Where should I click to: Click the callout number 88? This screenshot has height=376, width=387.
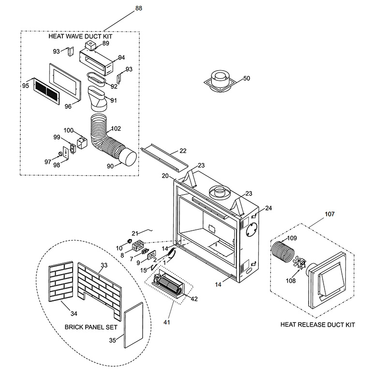click(x=139, y=8)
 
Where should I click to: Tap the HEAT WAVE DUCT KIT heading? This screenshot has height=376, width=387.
click(x=80, y=36)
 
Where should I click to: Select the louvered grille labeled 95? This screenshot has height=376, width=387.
click(x=46, y=91)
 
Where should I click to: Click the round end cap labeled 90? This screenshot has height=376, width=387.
click(x=128, y=156)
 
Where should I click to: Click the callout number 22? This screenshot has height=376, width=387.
click(x=183, y=150)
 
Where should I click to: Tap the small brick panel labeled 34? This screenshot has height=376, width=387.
click(x=61, y=282)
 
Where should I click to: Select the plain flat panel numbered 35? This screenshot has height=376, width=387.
click(x=134, y=325)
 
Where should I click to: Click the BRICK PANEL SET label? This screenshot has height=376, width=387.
click(x=91, y=327)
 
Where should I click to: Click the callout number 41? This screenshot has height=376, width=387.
click(x=166, y=322)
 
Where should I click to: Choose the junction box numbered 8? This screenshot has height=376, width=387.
click(x=138, y=245)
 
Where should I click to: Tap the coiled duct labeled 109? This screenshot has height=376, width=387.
click(x=283, y=252)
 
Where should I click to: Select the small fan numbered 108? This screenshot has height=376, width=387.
click(x=299, y=263)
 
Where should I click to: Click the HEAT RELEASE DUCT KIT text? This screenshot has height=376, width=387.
click(x=318, y=325)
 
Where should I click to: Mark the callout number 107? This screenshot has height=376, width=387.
click(x=329, y=214)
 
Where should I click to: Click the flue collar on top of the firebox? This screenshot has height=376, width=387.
click(x=220, y=193)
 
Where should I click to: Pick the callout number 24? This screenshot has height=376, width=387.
click(x=268, y=208)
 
